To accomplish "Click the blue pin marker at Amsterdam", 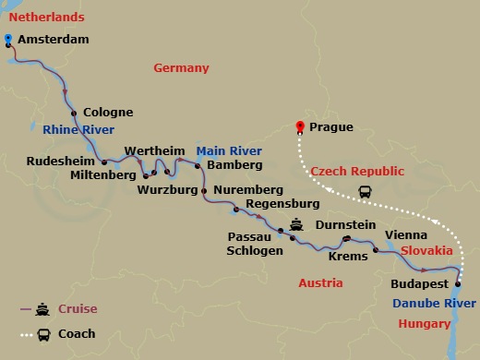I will click(8, 39).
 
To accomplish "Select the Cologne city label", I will click(108, 113).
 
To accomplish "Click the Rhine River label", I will click(78, 130).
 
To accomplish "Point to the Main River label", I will click(229, 150).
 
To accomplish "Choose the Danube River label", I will click(436, 303).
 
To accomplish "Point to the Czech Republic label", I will click(357, 172).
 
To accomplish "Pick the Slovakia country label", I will click(426, 250).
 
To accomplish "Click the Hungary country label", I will click(425, 323).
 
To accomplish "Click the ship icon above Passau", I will click(296, 223).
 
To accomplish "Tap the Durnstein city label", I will click(345, 223).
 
